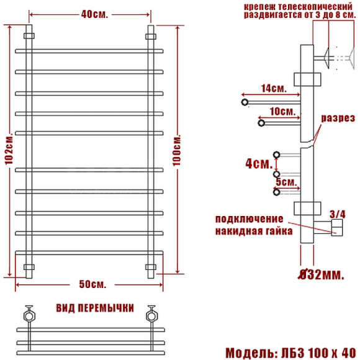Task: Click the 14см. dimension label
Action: (273, 89)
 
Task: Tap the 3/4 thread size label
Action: (337, 214)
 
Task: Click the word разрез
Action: (338, 118)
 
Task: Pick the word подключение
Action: (250, 219)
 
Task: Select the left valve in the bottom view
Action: (28, 313)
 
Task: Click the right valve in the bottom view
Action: (150, 313)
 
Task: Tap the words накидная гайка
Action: (250, 231)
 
